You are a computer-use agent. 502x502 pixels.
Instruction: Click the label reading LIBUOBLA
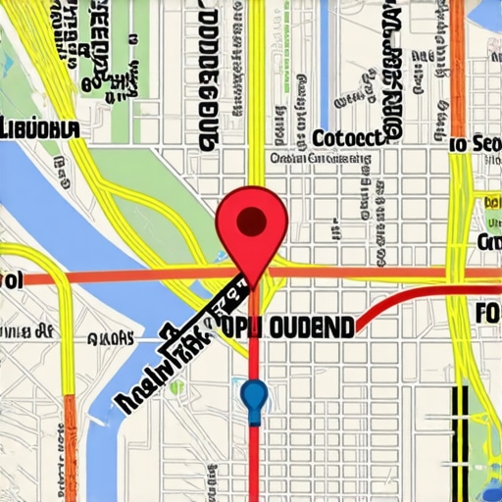40,128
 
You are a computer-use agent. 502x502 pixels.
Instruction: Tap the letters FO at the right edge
487,314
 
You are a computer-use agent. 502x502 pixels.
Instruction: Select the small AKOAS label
110,338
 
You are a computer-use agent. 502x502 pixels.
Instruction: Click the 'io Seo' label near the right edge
475,144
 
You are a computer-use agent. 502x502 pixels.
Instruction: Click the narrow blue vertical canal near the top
323,59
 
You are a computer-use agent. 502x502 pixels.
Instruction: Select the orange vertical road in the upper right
457,59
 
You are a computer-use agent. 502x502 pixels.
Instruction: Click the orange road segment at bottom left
68,441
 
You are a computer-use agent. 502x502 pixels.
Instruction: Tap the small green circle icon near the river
176,387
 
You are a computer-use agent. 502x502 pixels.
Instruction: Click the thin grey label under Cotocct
324,157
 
